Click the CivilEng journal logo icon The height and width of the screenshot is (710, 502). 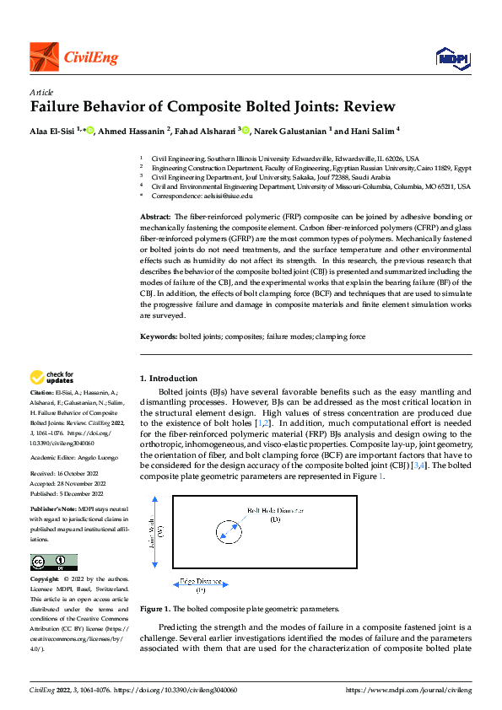click(x=44, y=57)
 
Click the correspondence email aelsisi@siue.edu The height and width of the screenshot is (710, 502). click(x=228, y=196)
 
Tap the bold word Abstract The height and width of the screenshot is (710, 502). click(x=157, y=218)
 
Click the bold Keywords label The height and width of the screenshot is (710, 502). click(x=159, y=336)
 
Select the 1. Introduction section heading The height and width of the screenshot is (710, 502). click(x=169, y=379)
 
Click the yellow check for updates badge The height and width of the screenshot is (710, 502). click(x=52, y=377)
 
